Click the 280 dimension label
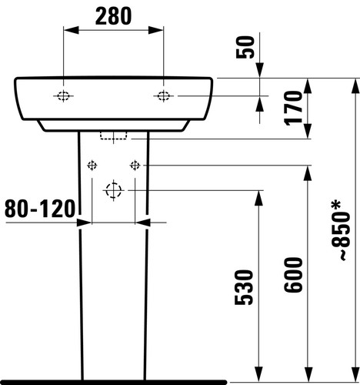click(x=113, y=16)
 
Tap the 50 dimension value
click(x=245, y=47)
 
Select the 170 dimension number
click(x=293, y=108)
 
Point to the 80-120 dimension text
click(x=40, y=209)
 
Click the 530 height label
click(x=244, y=287)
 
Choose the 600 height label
click(x=293, y=275)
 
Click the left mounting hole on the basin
click(x=63, y=96)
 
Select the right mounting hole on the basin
click(x=163, y=96)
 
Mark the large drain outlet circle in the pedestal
click(x=113, y=190)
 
